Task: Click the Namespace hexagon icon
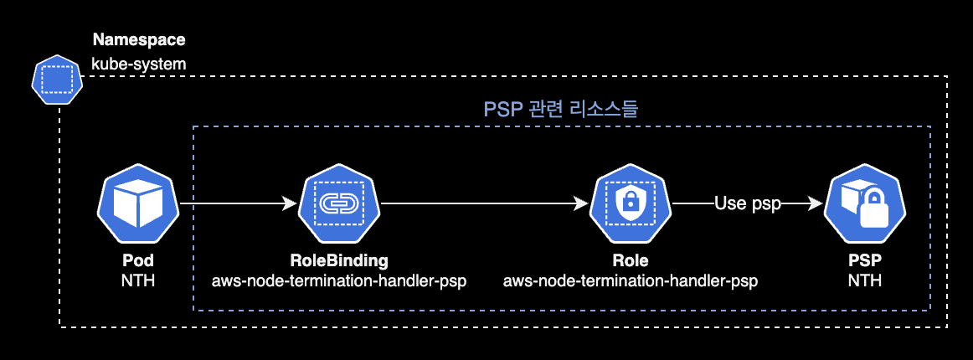click(58, 80)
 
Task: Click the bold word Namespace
click(139, 39)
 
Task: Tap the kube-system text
click(139, 63)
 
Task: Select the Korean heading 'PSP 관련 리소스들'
click(562, 110)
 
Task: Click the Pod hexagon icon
click(138, 203)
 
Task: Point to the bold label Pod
click(138, 260)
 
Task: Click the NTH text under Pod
click(138, 280)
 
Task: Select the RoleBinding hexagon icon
click(339, 203)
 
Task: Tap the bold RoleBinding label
click(339, 260)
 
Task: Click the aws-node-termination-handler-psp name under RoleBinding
click(339, 280)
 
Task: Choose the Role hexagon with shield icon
click(630, 203)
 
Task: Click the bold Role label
click(630, 260)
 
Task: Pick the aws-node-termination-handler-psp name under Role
click(630, 280)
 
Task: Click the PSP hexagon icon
click(864, 203)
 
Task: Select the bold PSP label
click(864, 260)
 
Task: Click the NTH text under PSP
click(864, 280)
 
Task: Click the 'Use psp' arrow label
click(747, 203)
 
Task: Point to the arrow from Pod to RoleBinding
click(239, 203)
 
